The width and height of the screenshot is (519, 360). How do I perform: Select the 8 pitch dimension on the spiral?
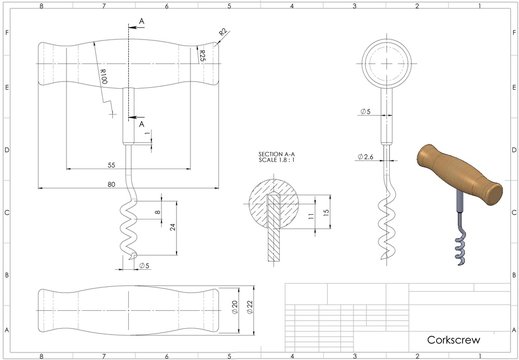(x=157, y=212)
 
